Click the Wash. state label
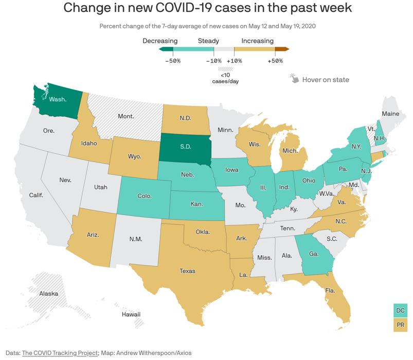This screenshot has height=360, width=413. (x=58, y=99)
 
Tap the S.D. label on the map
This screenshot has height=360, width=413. (x=186, y=147)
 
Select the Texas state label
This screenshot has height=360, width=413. (x=187, y=271)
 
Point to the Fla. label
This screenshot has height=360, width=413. (x=331, y=291)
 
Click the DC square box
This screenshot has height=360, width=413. (x=400, y=310)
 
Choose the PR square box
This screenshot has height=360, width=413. (x=400, y=325)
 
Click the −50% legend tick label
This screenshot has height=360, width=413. (x=172, y=61)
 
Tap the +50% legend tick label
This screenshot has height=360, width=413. (x=275, y=61)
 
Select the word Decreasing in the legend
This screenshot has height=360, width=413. (x=160, y=41)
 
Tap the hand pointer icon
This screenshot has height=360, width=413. (x=294, y=78)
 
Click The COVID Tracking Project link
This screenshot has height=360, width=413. (x=60, y=353)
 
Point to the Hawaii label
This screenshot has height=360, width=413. (x=131, y=314)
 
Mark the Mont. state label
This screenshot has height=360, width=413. (x=125, y=116)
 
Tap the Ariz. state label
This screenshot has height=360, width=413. (x=93, y=235)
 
